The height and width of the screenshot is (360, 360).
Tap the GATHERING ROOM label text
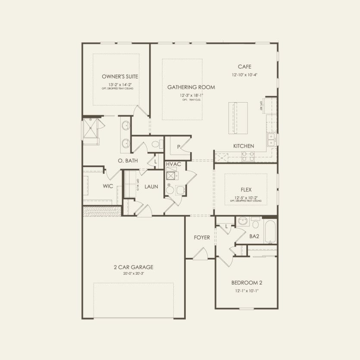(x=191, y=87)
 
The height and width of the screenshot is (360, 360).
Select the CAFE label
(x=244, y=66)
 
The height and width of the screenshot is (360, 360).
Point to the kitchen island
(x=238, y=118)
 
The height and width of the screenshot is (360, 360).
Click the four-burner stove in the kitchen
(x=247, y=156)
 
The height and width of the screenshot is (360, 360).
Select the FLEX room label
(x=246, y=189)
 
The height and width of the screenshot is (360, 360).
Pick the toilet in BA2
(x=255, y=223)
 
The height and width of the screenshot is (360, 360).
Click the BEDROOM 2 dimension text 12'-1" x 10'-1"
(x=247, y=291)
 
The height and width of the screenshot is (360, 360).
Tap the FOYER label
(x=202, y=238)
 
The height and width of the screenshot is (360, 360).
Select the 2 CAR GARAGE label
(x=133, y=267)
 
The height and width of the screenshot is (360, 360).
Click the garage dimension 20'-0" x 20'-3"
(x=133, y=273)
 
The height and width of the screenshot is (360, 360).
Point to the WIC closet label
(x=108, y=187)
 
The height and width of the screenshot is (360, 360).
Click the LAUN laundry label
(x=151, y=187)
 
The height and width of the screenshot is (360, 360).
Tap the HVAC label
(x=173, y=165)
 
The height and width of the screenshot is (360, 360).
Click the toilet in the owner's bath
(x=157, y=144)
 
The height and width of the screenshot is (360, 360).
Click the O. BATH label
(x=128, y=161)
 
